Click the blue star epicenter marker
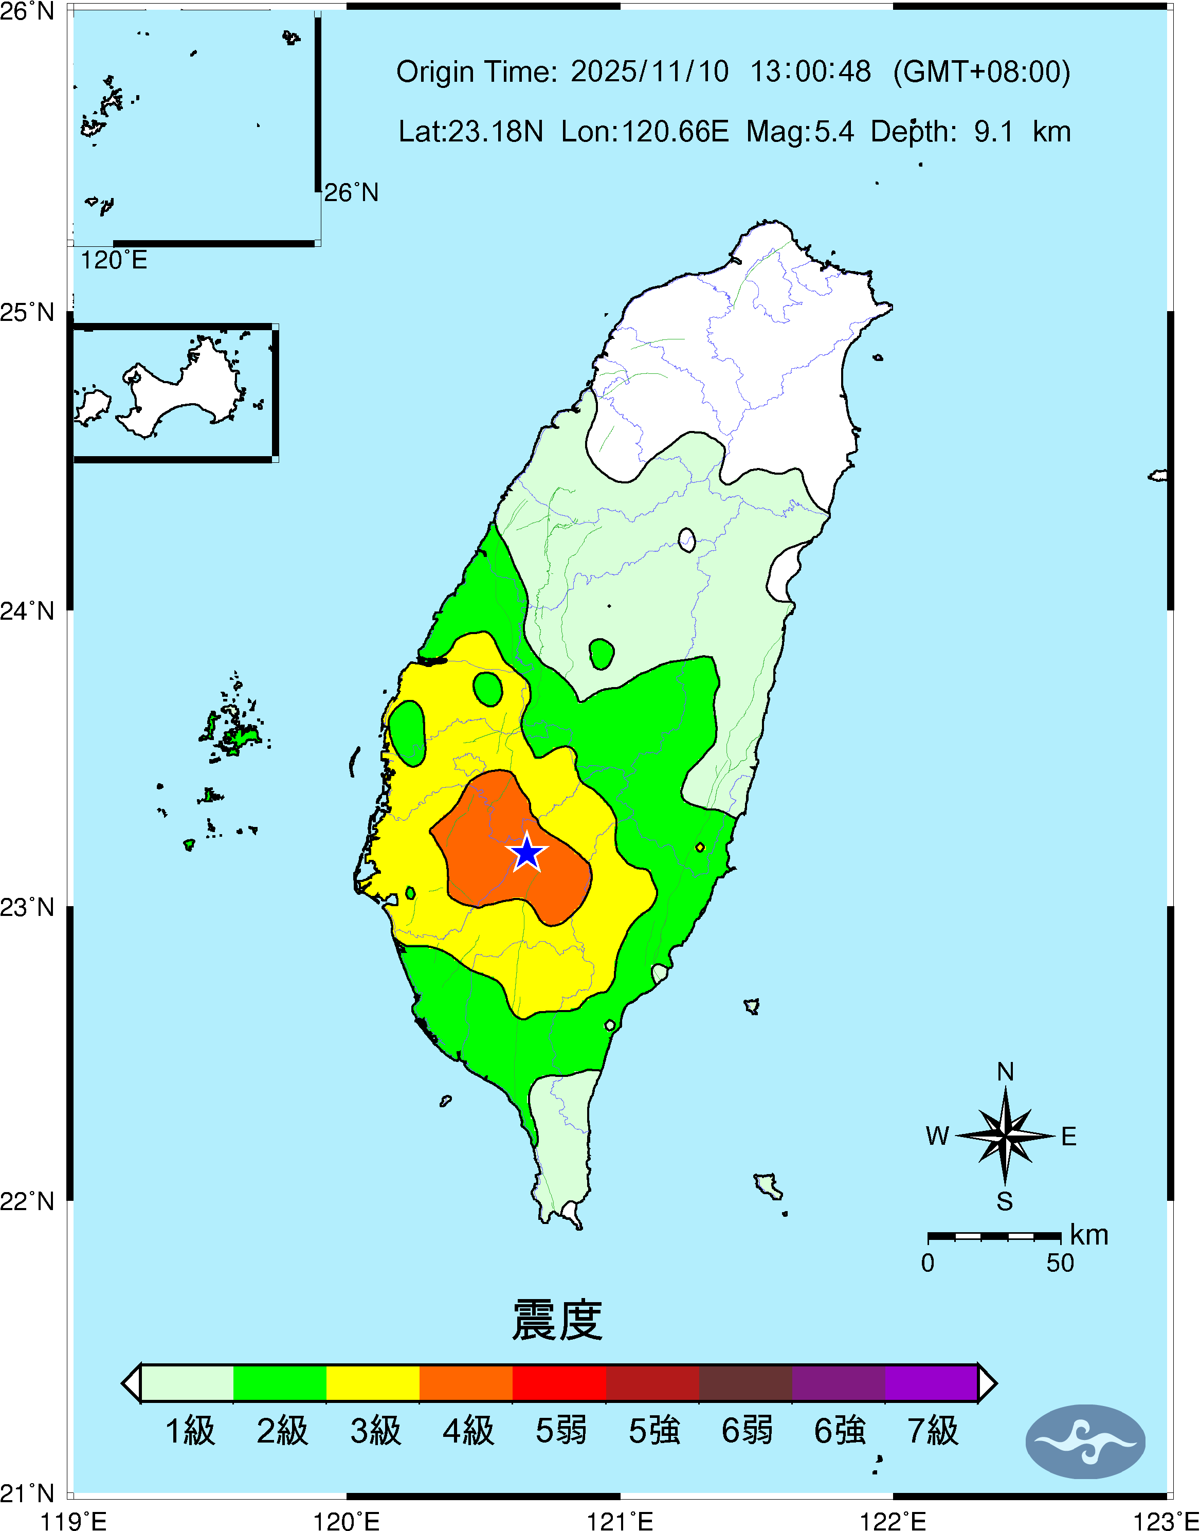pyautogui.click(x=527, y=853)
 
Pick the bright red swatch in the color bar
pyautogui.click(x=559, y=1383)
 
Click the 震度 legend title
pyautogui.click(x=557, y=1320)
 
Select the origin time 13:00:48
pyautogui.click(x=810, y=71)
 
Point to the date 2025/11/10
pyautogui.click(x=649, y=71)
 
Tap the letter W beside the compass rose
pyautogui.click(x=937, y=1136)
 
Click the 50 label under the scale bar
pyautogui.click(x=1060, y=1263)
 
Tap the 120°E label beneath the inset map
pyautogui.click(x=114, y=261)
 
